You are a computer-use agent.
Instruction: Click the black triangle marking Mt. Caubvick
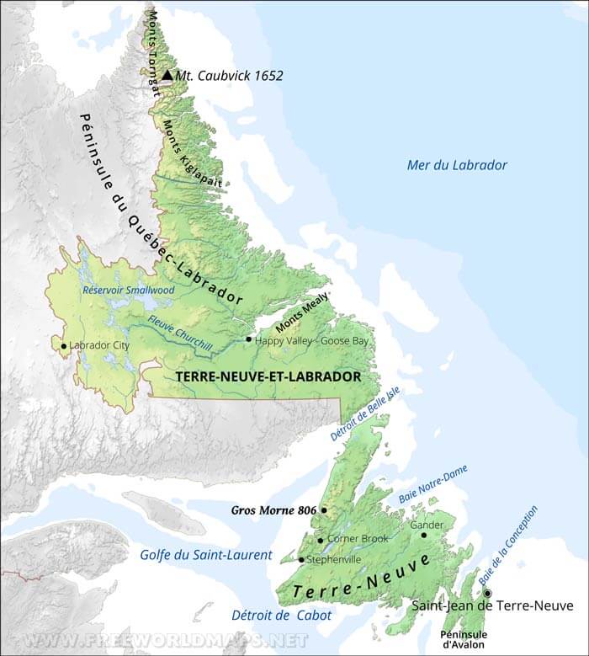coord(167,75)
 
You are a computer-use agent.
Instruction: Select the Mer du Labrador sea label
coord(456,165)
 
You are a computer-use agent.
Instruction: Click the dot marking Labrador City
coord(63,345)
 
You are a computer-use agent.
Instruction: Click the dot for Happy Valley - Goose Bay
coord(248,339)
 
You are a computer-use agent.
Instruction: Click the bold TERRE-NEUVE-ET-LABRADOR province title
coord(268,376)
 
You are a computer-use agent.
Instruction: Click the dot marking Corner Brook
coord(321,541)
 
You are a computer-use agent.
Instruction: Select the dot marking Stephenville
coord(301,559)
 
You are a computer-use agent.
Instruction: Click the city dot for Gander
coord(424,535)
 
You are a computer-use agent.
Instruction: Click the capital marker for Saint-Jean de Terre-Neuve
coord(487,593)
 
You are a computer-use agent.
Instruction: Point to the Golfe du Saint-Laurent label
coord(205,555)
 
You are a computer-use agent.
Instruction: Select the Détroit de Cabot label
coord(280,616)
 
